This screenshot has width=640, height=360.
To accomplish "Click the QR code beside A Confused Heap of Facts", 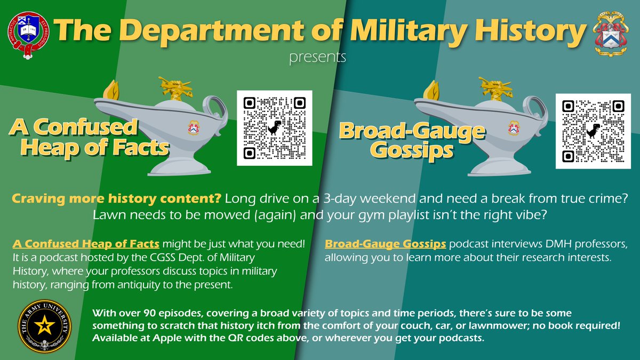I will [x=274, y=127].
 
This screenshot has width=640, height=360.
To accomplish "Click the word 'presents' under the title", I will [x=317, y=57].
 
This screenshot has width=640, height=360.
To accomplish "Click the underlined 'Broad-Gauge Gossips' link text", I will [x=386, y=244].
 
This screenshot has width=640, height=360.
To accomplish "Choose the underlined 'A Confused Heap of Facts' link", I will [x=86, y=244].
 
